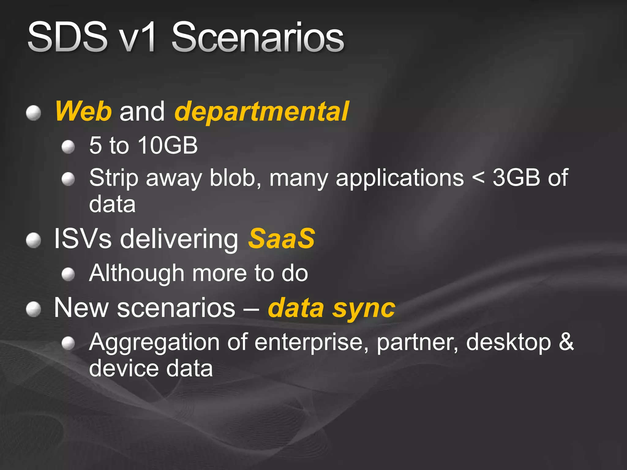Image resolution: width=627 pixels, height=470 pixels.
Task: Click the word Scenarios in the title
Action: [258, 38]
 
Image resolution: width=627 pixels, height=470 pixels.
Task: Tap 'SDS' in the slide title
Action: [67, 38]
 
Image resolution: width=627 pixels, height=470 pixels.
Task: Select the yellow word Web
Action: [83, 111]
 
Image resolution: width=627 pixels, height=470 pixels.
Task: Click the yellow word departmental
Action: [261, 112]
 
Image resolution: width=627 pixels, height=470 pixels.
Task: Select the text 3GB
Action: [516, 177]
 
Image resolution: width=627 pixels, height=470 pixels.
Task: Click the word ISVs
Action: [83, 239]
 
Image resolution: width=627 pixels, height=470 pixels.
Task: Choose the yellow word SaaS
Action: [281, 239]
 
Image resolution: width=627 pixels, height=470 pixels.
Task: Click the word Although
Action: [137, 273]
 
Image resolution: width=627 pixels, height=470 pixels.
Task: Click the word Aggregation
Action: [154, 342]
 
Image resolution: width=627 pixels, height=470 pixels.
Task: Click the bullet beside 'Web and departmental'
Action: [33, 113]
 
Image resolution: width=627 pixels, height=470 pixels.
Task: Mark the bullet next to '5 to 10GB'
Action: [68, 147]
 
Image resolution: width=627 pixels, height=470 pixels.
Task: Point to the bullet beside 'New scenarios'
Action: [33, 309]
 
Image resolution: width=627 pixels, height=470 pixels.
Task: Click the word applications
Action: [400, 178]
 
